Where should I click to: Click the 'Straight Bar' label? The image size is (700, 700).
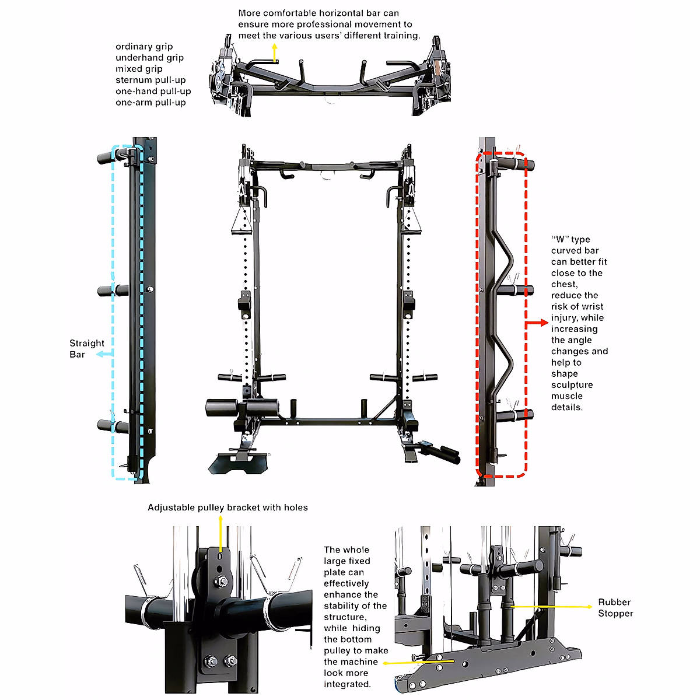[86, 349]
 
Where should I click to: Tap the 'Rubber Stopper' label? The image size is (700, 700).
[615, 607]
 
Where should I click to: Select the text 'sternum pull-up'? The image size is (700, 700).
[150, 80]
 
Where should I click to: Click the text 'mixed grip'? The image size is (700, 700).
[139, 69]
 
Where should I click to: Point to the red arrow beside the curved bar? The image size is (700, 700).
[537, 323]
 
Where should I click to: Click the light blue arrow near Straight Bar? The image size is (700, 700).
[104, 354]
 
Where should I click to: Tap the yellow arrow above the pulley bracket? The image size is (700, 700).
[220, 534]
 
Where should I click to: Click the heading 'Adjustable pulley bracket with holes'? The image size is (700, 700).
[228, 508]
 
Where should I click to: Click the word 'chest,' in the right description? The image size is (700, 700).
[564, 284]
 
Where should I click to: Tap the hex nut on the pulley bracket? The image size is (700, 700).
[222, 582]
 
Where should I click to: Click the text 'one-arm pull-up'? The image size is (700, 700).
[150, 102]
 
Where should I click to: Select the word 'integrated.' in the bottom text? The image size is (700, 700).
[347, 684]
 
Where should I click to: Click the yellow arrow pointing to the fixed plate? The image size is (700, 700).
[408, 662]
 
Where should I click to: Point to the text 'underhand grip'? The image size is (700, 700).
[149, 58]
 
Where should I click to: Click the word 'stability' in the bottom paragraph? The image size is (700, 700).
[341, 605]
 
